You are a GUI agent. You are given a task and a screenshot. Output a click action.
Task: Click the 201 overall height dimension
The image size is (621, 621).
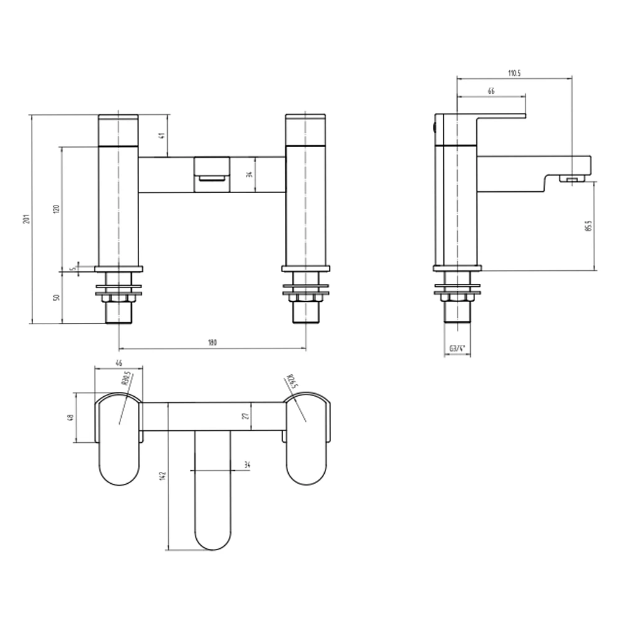click(25, 220)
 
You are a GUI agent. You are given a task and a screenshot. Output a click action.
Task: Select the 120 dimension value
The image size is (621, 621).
click(57, 209)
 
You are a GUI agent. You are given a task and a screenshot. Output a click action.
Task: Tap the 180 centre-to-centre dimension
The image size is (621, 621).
click(212, 342)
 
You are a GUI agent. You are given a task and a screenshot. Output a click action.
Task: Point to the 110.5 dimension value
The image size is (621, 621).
click(514, 73)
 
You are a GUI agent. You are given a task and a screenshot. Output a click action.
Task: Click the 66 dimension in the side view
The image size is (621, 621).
click(491, 91)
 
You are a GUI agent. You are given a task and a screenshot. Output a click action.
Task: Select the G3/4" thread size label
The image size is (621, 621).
click(458, 349)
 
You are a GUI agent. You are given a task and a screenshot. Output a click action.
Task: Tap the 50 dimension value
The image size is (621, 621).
click(57, 297)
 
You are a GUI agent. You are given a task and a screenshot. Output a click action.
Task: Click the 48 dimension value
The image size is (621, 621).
click(70, 417)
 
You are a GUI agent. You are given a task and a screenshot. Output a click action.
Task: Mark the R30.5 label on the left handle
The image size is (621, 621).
click(125, 380)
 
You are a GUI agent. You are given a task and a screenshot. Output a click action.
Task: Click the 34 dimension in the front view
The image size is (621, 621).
click(249, 175)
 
